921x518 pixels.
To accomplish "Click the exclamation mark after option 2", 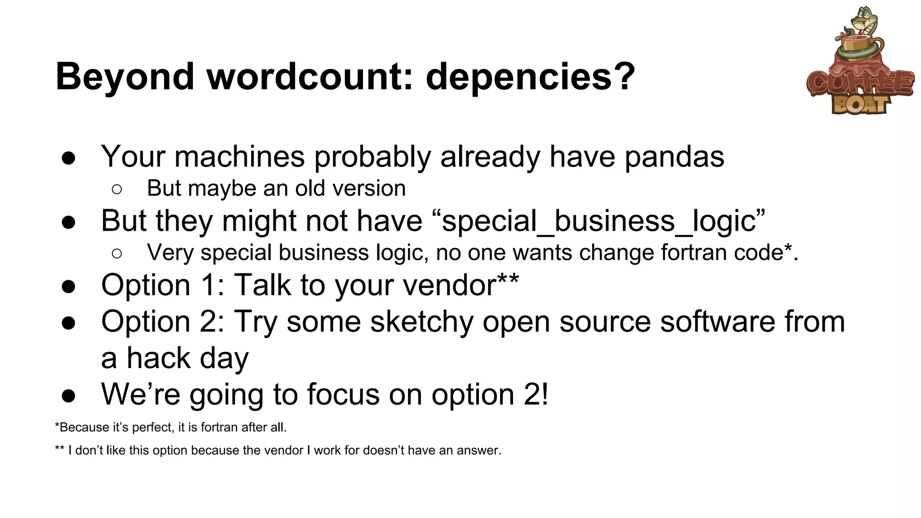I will (545, 394).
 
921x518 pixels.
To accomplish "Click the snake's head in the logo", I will (864, 20).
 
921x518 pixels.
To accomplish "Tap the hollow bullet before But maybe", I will (116, 189).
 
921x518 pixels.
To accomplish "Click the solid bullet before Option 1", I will (68, 286).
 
